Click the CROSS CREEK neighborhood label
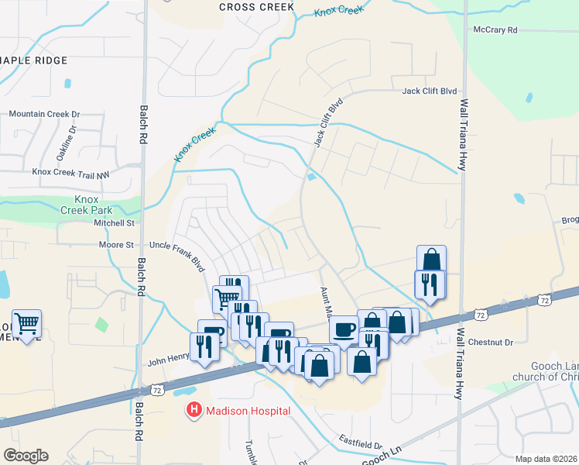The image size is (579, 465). [257, 7]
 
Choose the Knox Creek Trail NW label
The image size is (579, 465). [70, 174]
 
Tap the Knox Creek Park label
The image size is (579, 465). [87, 204]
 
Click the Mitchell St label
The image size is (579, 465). [114, 223]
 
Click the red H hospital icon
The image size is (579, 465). [194, 409]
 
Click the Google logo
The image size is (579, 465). [26, 456]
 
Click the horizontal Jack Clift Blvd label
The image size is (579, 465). [430, 91]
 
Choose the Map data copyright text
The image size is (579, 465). [546, 459]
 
